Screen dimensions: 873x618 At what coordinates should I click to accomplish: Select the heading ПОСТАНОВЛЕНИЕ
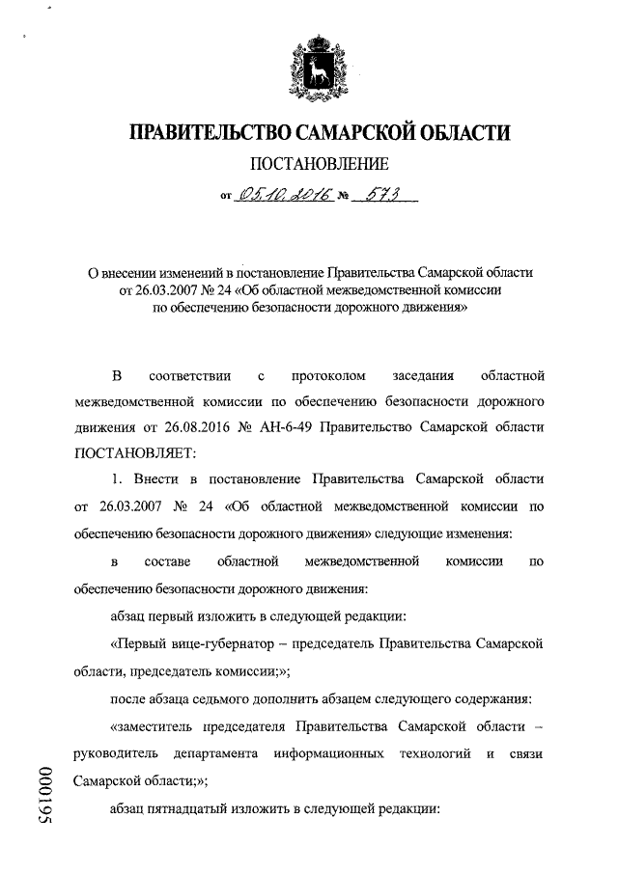coord(320,164)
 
